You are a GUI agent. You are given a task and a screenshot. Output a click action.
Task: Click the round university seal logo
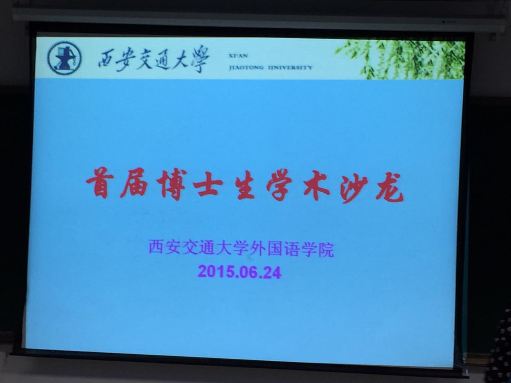(x=65, y=58)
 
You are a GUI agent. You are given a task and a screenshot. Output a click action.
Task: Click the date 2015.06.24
(x=240, y=272)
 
